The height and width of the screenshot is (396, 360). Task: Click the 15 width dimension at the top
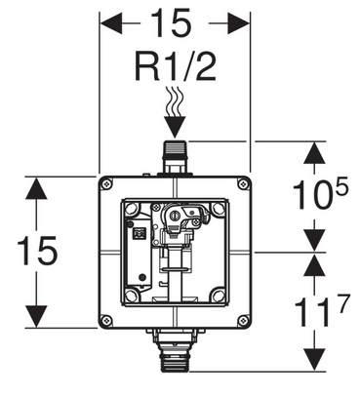tap(172, 22)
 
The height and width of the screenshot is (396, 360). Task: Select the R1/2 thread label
tap(176, 68)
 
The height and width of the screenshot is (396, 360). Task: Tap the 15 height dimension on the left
tap(37, 251)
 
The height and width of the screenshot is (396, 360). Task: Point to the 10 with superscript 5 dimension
tap(321, 194)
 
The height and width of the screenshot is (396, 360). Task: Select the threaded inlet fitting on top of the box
tap(175, 157)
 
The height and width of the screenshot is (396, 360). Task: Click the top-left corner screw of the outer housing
tap(106, 184)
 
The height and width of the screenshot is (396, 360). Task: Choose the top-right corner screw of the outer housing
tap(243, 184)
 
